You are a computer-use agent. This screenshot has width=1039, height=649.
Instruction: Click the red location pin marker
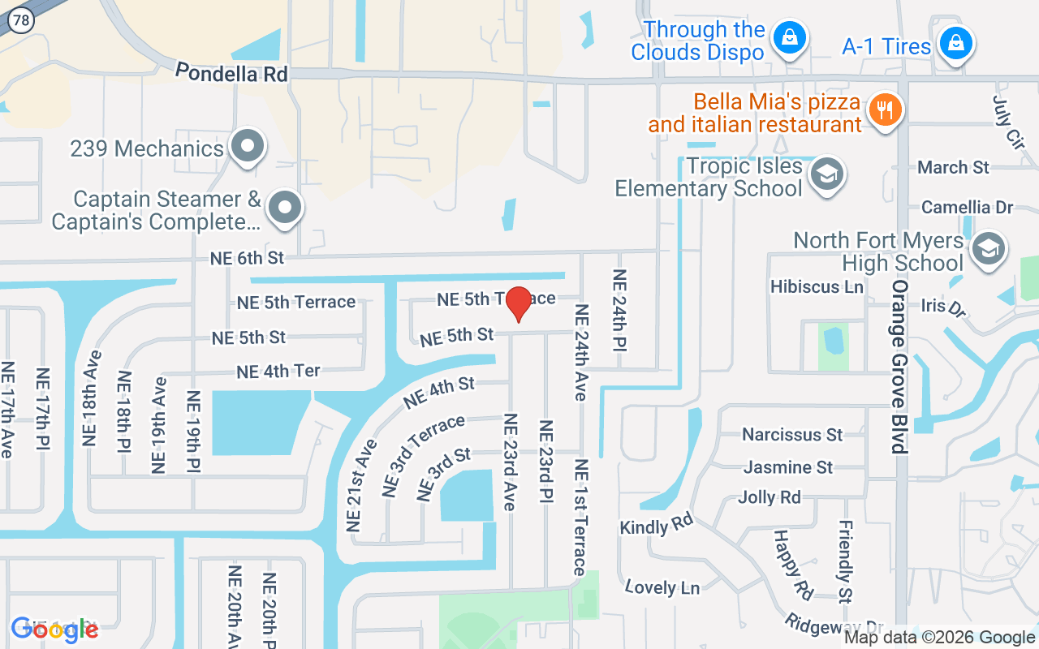[x=518, y=304]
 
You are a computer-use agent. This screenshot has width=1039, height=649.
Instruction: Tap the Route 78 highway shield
[x=22, y=22]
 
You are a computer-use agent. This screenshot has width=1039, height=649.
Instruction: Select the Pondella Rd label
[x=232, y=73]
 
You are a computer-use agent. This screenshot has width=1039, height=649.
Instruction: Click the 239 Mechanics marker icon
[x=248, y=148]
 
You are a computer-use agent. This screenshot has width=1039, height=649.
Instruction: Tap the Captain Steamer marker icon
[x=284, y=208]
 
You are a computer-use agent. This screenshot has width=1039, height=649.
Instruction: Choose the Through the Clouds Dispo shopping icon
[x=787, y=37]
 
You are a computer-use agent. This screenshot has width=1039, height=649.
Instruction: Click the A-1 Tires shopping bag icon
[x=956, y=44]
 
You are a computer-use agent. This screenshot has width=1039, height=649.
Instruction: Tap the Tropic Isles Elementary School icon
[x=827, y=174]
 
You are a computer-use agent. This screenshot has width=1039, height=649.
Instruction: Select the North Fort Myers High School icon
[x=988, y=249]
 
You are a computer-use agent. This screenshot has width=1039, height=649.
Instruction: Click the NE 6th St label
[x=247, y=258]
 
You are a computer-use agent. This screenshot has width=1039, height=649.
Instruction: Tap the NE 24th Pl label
[x=619, y=311]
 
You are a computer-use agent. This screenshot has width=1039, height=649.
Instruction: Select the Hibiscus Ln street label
[x=817, y=286]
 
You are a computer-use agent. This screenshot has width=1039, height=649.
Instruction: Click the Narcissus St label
[x=792, y=435]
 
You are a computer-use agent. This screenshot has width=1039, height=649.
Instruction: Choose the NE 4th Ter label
[x=278, y=372]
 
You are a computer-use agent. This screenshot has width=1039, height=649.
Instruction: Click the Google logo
[x=54, y=630]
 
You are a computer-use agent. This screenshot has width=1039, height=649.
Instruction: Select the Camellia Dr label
[x=968, y=208]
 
